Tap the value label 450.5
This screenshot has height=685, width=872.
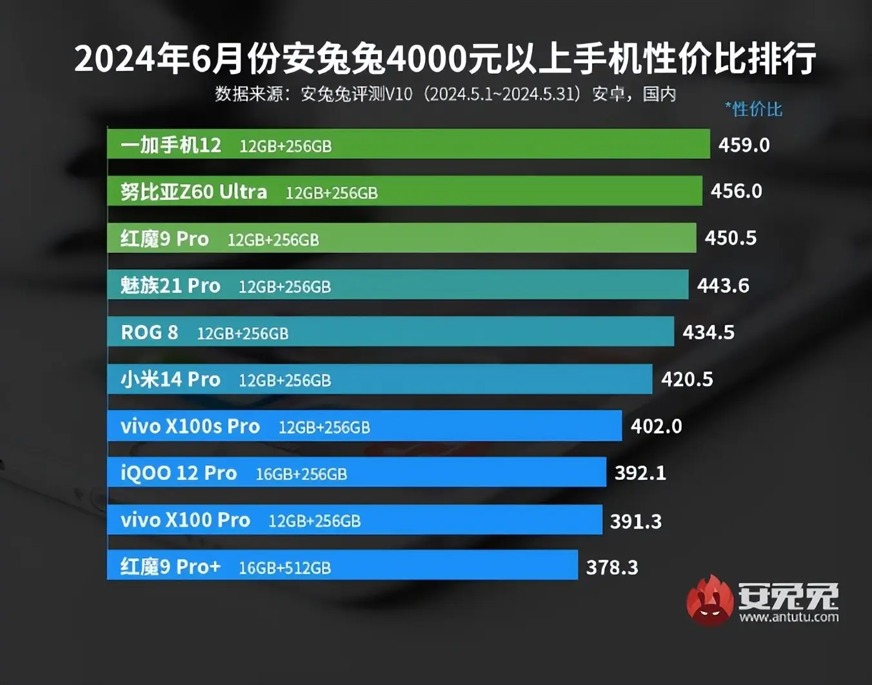(730, 238)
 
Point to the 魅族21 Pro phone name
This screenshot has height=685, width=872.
(170, 285)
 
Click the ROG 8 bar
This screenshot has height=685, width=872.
(451, 332)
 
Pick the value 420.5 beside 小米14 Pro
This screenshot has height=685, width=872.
(687, 379)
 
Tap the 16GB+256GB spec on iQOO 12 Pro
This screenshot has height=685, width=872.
(301, 474)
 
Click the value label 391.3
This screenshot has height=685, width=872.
(636, 521)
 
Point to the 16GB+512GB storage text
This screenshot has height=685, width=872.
(284, 568)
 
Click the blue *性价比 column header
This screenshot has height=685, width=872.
(753, 109)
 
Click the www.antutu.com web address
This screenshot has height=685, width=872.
(789, 617)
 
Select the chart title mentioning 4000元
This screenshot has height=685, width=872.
(445, 59)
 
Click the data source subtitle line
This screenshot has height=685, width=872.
(445, 94)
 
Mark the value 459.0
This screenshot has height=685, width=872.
(744, 145)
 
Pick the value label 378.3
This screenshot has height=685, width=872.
(611, 568)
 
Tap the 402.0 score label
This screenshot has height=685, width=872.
(656, 426)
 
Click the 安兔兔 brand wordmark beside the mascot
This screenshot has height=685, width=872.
(788, 596)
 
